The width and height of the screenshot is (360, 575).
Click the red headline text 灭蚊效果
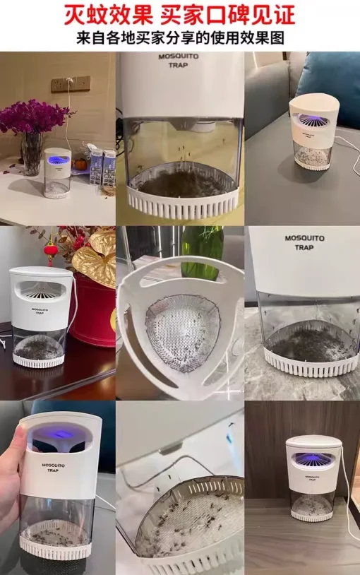tap(109, 15)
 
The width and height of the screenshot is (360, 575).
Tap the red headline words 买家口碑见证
tap(228, 15)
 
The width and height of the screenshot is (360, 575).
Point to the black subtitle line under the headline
tap(180, 37)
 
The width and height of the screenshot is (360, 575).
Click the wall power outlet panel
tap(71, 84)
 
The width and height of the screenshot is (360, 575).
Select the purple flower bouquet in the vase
tap(34, 116)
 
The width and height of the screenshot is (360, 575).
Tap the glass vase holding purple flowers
tap(32, 153)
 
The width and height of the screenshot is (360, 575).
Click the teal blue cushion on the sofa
tap(330, 86)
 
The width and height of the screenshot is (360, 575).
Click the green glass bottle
tap(203, 251)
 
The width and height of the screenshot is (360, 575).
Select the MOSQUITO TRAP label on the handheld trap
tap(53, 468)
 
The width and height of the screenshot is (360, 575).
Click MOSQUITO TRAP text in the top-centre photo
tap(178, 61)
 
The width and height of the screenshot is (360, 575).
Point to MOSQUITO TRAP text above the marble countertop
tap(305, 243)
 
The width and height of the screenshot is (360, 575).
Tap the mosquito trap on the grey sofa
tap(314, 132)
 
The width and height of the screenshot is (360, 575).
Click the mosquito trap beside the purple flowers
tap(57, 173)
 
